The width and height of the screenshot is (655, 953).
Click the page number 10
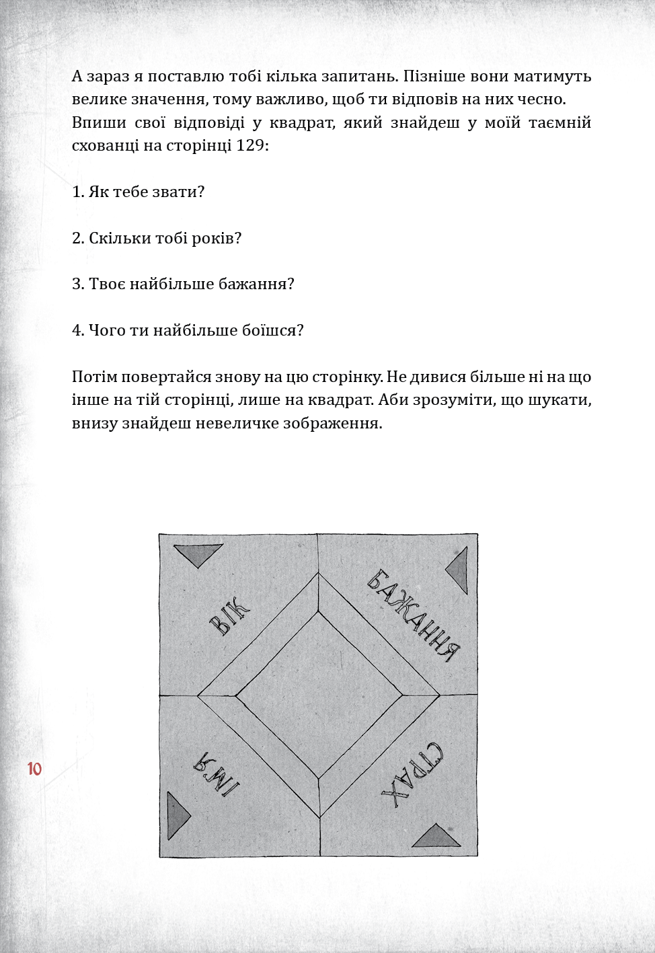(x=34, y=769)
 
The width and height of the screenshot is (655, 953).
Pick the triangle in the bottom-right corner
(x=438, y=836)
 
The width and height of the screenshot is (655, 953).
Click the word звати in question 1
(x=181, y=192)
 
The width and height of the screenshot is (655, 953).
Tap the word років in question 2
(x=217, y=239)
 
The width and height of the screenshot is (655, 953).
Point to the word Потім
(x=93, y=377)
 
